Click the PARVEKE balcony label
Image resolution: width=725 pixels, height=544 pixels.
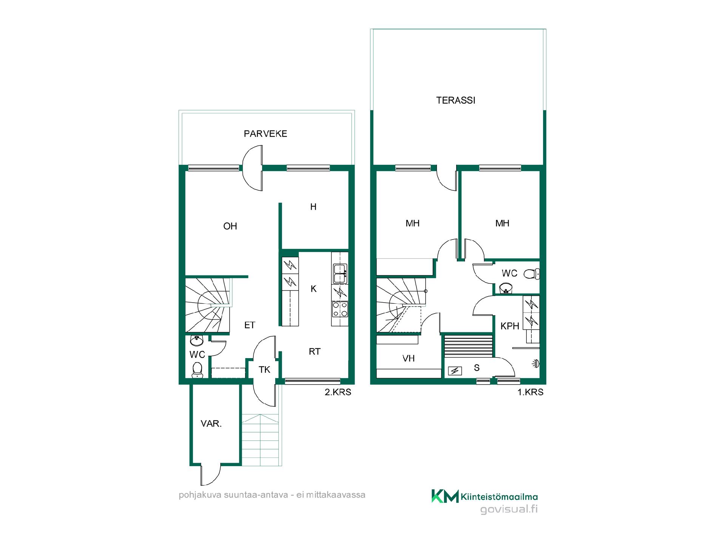pyautogui.click(x=265, y=134)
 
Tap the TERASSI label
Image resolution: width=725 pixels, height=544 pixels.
pyautogui.click(x=456, y=100)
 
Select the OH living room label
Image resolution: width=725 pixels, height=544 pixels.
pyautogui.click(x=230, y=226)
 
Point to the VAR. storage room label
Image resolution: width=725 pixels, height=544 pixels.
pyautogui.click(x=211, y=424)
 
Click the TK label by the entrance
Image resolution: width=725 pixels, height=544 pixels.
pyautogui.click(x=264, y=369)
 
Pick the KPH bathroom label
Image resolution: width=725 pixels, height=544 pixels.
pyautogui.click(x=510, y=326)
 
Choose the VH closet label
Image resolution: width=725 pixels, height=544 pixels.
pyautogui.click(x=409, y=358)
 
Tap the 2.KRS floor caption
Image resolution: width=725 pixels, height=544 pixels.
pyautogui.click(x=338, y=392)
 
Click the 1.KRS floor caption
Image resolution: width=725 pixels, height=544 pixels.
pyautogui.click(x=530, y=392)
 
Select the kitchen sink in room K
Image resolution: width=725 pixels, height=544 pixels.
pyautogui.click(x=340, y=274)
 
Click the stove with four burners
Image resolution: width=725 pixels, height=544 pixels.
pyautogui.click(x=340, y=309)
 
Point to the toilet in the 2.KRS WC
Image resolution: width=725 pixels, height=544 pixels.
pyautogui.click(x=197, y=370)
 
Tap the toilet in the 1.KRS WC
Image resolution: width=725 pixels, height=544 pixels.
pyautogui.click(x=532, y=274)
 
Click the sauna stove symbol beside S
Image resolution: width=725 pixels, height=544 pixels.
pyautogui.click(x=455, y=371)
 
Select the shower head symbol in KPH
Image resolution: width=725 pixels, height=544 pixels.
pyautogui.click(x=536, y=364)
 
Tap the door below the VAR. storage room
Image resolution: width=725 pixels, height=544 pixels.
pyautogui.click(x=210, y=474)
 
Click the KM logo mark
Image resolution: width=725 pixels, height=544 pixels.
pyautogui.click(x=445, y=496)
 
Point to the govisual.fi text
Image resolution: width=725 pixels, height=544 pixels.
pyautogui.click(x=509, y=510)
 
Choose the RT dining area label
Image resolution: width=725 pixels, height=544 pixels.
pyautogui.click(x=315, y=352)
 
